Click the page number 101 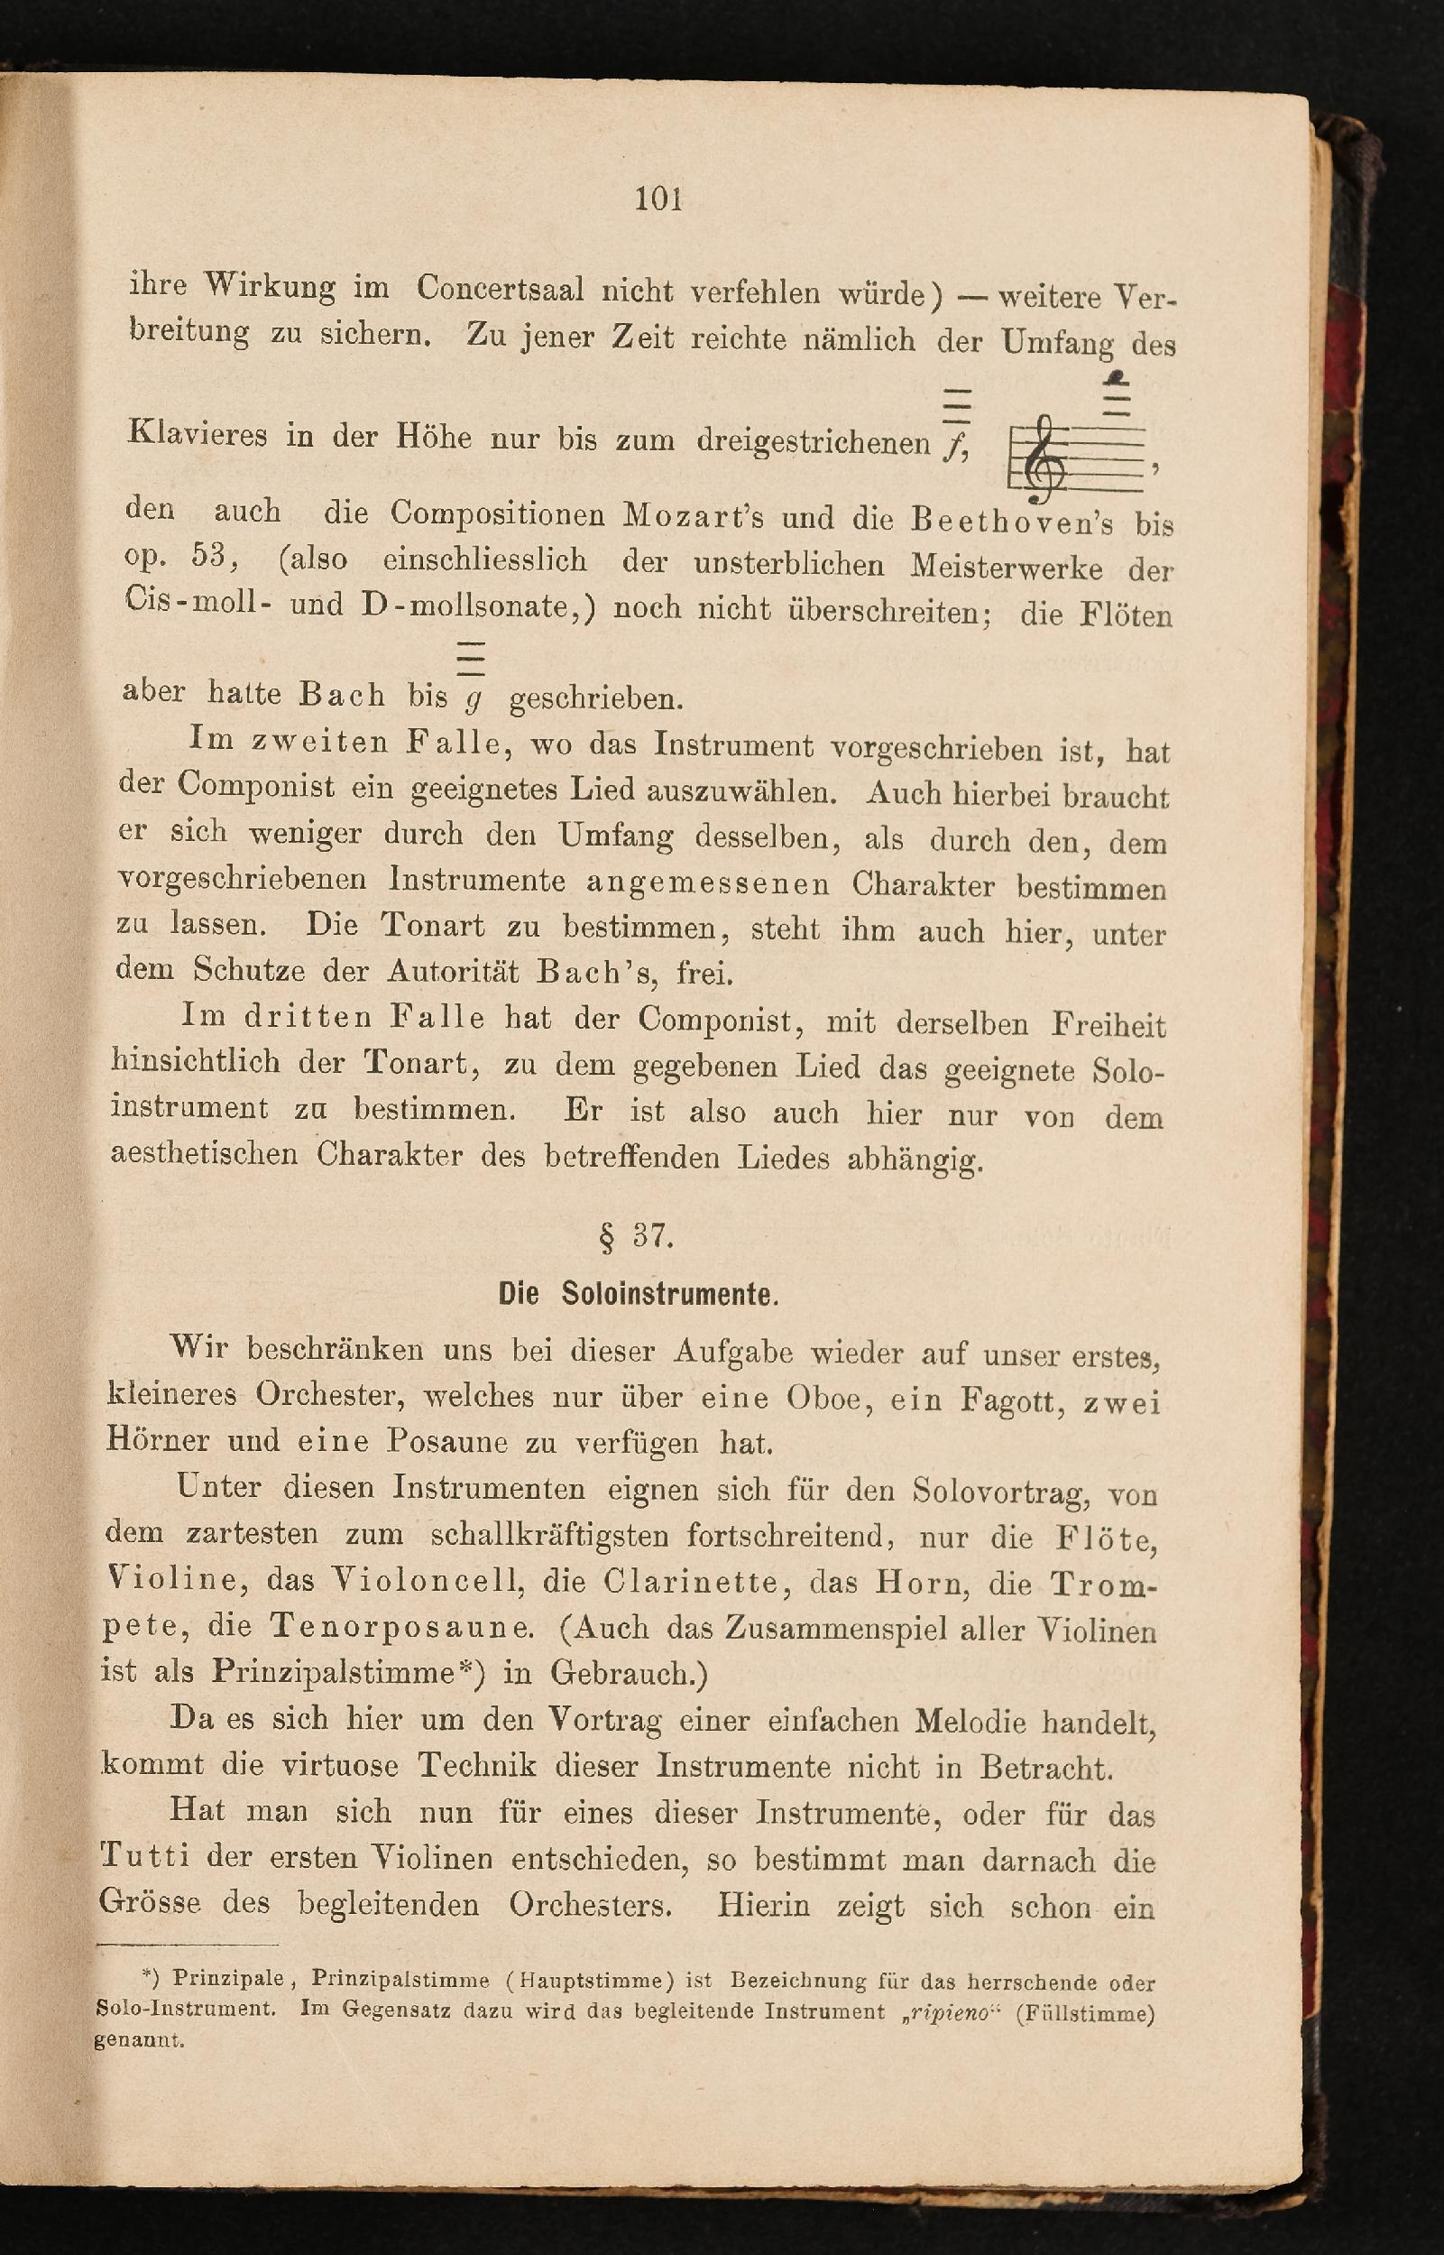658,199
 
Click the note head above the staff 1116,379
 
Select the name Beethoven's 1013,520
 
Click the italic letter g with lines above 474,697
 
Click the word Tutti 145,1856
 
